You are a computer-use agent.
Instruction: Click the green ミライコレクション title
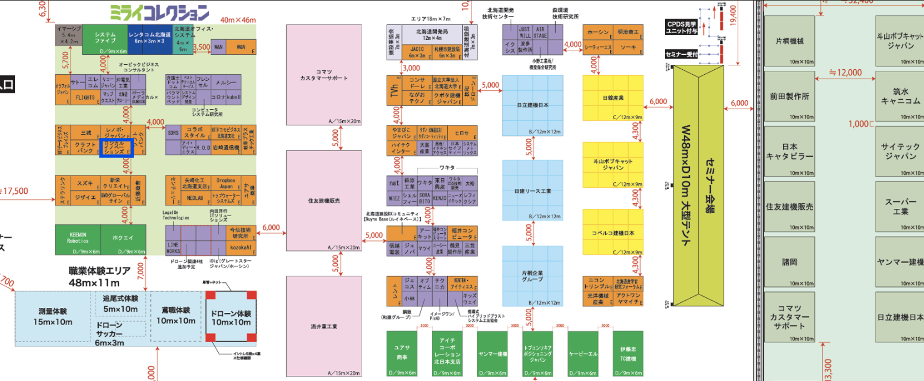(160, 12)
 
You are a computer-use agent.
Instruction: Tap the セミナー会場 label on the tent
(709, 185)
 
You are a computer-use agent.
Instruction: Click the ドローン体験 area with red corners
(231, 317)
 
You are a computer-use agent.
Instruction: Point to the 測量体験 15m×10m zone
(53, 317)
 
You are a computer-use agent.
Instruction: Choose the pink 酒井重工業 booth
(324, 326)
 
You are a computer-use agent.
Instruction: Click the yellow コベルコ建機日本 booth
(612, 233)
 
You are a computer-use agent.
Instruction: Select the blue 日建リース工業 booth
(532, 191)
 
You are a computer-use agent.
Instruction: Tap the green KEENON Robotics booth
(78, 239)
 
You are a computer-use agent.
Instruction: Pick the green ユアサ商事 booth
(402, 353)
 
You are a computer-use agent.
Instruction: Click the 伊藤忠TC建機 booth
(628, 353)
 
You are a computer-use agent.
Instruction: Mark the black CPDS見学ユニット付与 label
(681, 27)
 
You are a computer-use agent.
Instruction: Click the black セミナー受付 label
(681, 54)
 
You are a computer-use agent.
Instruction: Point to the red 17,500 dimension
(16, 191)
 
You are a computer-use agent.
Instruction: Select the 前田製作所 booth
(789, 96)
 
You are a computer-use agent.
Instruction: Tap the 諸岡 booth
(789, 262)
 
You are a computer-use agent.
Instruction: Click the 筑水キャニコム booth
(900, 96)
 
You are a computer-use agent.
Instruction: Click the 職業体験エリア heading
(99, 271)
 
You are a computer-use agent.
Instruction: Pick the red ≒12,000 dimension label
(845, 73)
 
